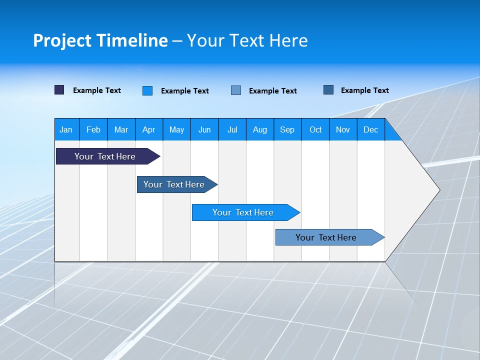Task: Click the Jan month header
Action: pos(66,129)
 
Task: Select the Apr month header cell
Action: pos(149,129)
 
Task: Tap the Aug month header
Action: pos(260,129)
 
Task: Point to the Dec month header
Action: pos(371,129)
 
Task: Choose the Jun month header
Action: pos(204,129)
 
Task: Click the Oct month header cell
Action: pos(315,129)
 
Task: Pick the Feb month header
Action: pos(93,129)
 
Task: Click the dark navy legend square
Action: pos(59,90)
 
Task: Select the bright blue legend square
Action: pos(147,90)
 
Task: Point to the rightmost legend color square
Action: pos(328,90)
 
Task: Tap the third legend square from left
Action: pos(236,90)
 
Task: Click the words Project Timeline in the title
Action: pos(100,40)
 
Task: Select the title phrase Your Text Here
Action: pos(247,40)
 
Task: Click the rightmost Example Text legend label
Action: pos(364,90)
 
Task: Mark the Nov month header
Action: pos(343,129)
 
